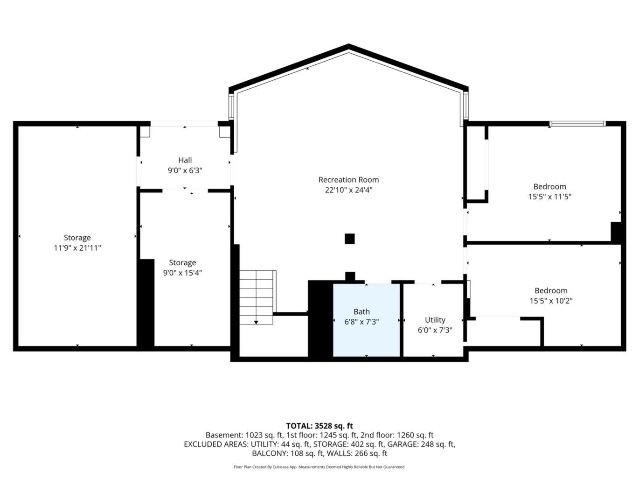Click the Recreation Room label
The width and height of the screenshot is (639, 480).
point(348,180)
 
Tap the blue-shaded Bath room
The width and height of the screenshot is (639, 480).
point(366,320)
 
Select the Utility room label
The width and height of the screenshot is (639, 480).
point(435,320)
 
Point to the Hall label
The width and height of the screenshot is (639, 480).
point(185,160)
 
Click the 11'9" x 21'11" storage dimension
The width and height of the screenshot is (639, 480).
point(77,248)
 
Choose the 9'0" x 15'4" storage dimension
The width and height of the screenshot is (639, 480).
point(182,273)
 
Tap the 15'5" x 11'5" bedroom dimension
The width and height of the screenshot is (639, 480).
point(549,197)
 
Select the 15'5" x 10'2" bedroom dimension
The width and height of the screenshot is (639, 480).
point(551,301)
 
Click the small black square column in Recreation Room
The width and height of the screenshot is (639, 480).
point(350,239)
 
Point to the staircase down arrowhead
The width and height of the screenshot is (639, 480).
point(256,322)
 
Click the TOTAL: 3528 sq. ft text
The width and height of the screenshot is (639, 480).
point(319,426)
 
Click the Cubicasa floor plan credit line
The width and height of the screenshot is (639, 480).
point(319,467)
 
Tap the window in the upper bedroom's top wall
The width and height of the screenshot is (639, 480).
point(577,124)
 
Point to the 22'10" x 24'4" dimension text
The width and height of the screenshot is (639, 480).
point(348,190)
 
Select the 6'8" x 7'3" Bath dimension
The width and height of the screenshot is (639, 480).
point(361,322)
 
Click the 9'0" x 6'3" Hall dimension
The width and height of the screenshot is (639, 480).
point(185,170)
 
